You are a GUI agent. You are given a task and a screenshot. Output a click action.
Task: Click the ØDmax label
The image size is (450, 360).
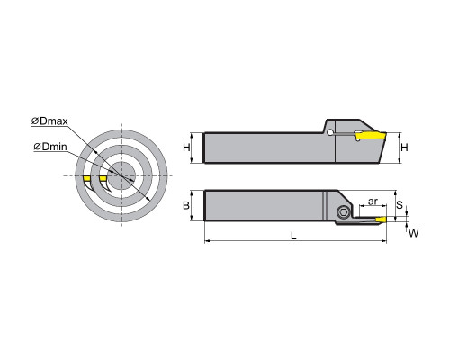(x=49, y=121)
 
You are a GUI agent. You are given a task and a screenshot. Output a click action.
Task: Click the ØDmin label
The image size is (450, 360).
(x=50, y=147)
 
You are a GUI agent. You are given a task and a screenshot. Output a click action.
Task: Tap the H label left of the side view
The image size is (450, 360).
(x=186, y=148)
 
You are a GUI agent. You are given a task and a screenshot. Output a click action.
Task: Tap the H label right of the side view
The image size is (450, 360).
(x=405, y=148)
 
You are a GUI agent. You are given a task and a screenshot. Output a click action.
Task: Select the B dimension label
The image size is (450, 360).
(x=186, y=205)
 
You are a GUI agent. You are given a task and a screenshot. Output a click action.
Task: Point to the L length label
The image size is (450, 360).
(x=294, y=236)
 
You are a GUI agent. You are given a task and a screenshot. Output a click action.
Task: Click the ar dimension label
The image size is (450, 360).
(x=373, y=202)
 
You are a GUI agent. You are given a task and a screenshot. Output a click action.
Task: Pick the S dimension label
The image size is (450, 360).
(x=400, y=205)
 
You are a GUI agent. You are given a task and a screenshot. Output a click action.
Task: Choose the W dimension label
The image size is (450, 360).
(x=414, y=233)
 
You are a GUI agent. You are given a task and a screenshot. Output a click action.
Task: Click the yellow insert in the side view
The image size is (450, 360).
(x=371, y=136)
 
